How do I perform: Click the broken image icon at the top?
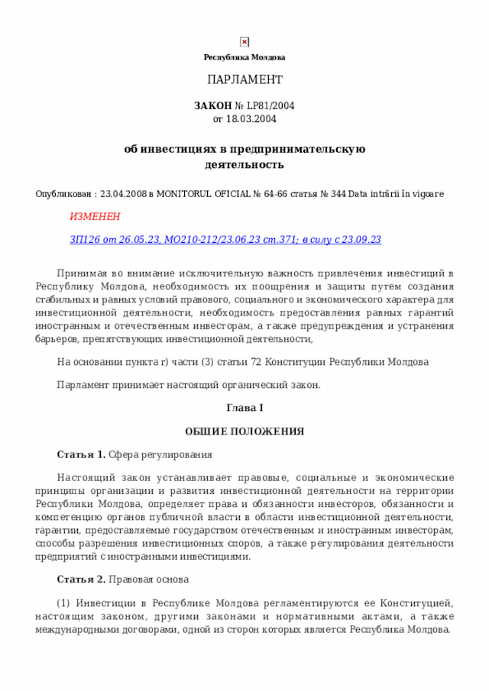coord(244,42)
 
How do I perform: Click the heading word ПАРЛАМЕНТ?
coord(244,79)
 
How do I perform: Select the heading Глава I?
coord(244,408)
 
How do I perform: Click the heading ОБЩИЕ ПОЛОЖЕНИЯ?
coord(244,431)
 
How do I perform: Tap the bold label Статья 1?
coord(81,455)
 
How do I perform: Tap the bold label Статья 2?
coord(81,580)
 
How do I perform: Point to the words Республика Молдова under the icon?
coord(244,58)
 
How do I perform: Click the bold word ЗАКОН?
coord(212,106)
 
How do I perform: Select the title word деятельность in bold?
coord(244,164)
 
